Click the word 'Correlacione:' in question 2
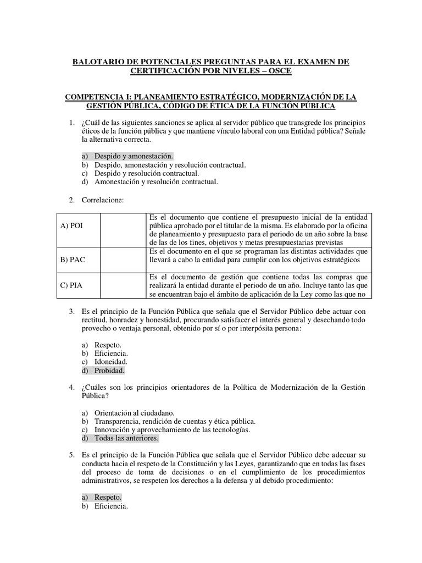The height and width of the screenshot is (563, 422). pos(103,200)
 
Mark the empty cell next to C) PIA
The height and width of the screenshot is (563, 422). pos(124,285)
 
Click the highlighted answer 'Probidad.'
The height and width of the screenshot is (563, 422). pos(109,371)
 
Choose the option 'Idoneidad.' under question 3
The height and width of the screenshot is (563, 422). pos(111,362)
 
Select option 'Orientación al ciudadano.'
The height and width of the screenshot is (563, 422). pos(135,413)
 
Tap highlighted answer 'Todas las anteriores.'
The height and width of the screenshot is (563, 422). pos(126,438)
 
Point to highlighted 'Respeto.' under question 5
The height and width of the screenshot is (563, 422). pos(108,497)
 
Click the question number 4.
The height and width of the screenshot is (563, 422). pos(71,388)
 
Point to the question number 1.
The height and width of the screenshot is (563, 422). pos(71,122)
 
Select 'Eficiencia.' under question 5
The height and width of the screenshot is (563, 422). pos(111,506)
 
